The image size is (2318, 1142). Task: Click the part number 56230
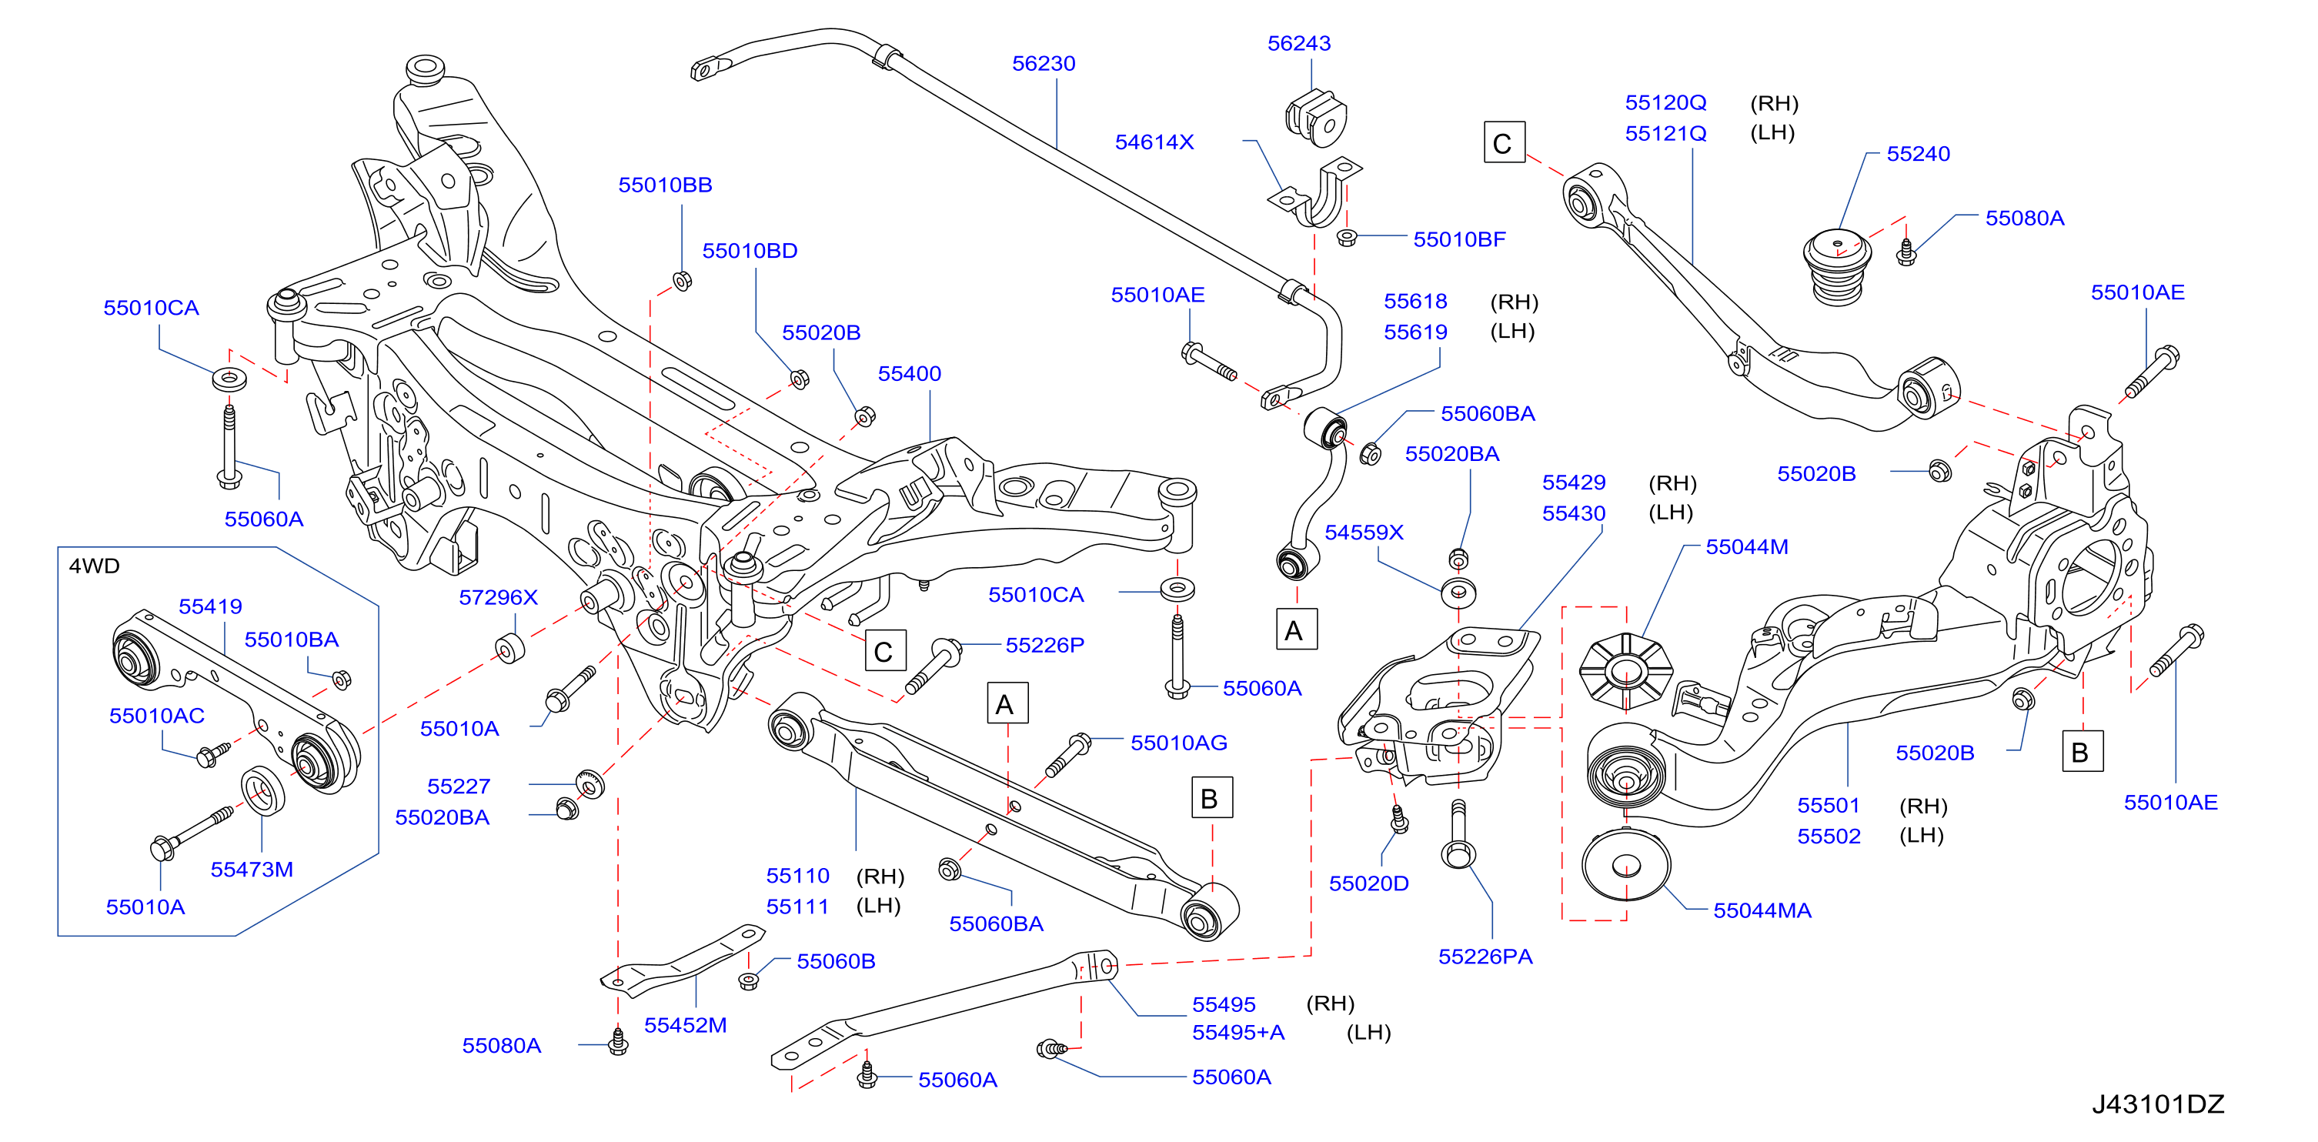[x=1043, y=64]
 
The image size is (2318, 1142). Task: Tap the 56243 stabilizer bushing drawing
[x=1315, y=118]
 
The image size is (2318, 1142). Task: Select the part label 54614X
[x=1154, y=142]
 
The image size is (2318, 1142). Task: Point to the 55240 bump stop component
[x=1839, y=266]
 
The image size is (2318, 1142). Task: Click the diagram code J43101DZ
[x=2158, y=1104]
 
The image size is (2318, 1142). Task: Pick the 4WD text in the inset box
[x=95, y=566]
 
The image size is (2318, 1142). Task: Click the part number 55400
[x=909, y=373]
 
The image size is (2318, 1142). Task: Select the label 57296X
[x=498, y=597]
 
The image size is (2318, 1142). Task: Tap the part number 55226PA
[x=1485, y=957]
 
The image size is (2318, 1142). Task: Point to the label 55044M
[x=1747, y=547]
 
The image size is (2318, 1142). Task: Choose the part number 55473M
[x=252, y=870]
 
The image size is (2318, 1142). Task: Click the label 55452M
[x=685, y=1025]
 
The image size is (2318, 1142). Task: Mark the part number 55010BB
[x=665, y=185]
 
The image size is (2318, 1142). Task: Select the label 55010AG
[x=1179, y=743]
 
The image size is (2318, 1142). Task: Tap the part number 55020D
[x=1368, y=883]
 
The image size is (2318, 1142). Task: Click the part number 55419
[x=211, y=606]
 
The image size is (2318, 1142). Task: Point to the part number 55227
[x=459, y=786]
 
